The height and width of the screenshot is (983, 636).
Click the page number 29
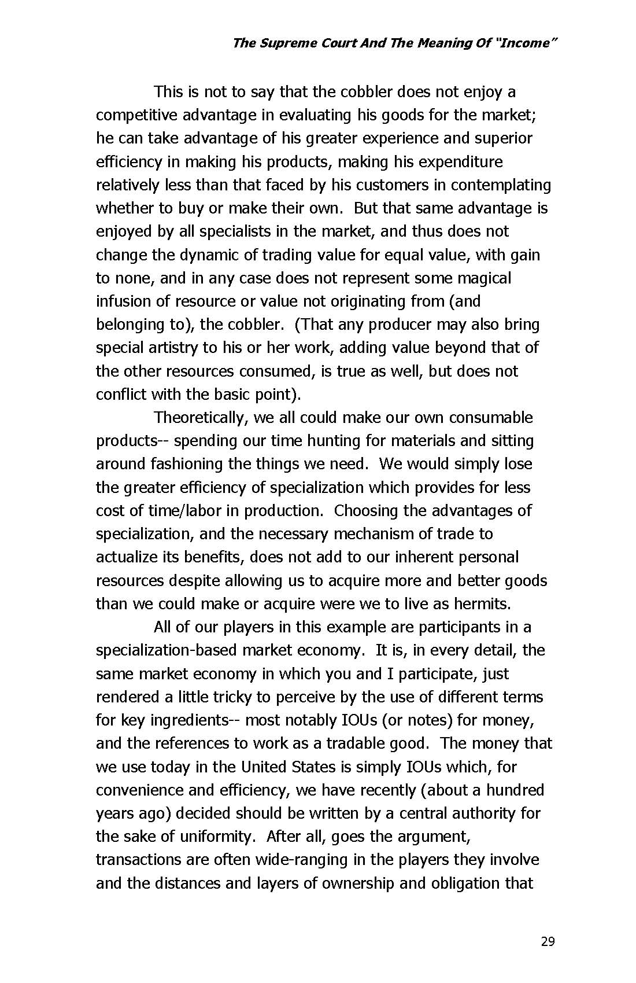tap(548, 942)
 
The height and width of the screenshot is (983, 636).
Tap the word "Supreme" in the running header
tap(287, 43)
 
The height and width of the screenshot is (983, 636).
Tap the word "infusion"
tap(119, 301)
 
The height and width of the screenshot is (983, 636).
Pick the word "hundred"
tap(515, 790)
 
